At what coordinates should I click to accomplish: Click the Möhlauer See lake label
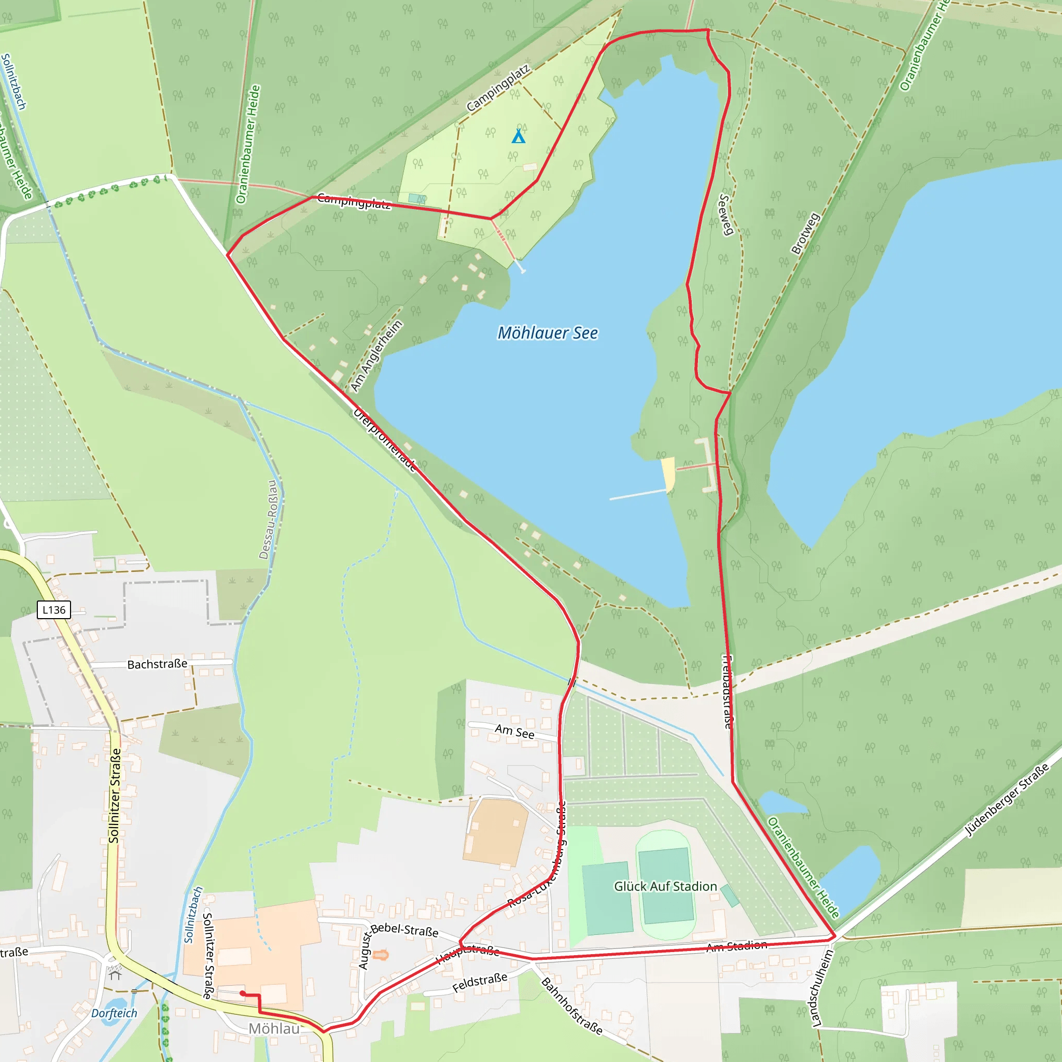pyautogui.click(x=548, y=333)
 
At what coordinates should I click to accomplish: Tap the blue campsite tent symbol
pyautogui.click(x=518, y=136)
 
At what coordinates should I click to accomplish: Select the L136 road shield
pyautogui.click(x=54, y=610)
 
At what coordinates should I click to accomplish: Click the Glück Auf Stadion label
pyautogui.click(x=665, y=886)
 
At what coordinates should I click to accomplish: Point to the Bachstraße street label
pyautogui.click(x=157, y=664)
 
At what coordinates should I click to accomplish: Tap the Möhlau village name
pyautogui.click(x=274, y=1028)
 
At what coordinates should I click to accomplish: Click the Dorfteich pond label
pyautogui.click(x=114, y=1013)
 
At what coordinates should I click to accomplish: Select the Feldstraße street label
pyautogui.click(x=479, y=983)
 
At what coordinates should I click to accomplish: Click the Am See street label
pyautogui.click(x=514, y=731)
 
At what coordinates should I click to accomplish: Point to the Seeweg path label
pyautogui.click(x=726, y=214)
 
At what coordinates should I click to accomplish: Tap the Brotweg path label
pyautogui.click(x=805, y=234)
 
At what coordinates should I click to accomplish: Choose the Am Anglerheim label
pyautogui.click(x=376, y=356)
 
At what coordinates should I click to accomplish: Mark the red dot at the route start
pyautogui.click(x=242, y=993)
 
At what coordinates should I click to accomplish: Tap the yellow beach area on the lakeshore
pyautogui.click(x=668, y=473)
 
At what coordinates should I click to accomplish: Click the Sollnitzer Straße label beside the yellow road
pyautogui.click(x=114, y=795)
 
